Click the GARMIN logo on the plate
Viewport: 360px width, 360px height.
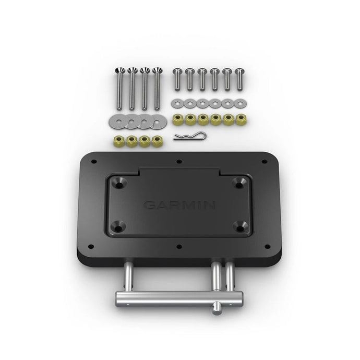pyautogui.click(x=178, y=205)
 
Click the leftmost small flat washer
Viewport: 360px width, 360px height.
pyautogui.click(x=177, y=101)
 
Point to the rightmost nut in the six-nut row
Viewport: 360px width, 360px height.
pyautogui.click(x=241, y=118)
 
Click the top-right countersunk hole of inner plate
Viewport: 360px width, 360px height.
pyautogui.click(x=239, y=183)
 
